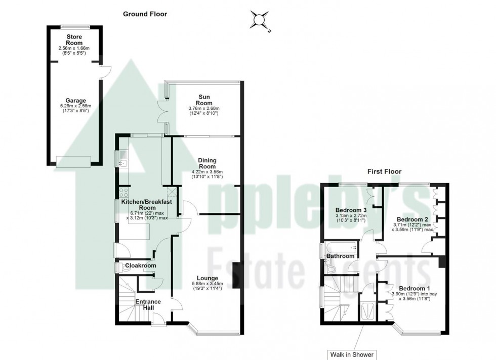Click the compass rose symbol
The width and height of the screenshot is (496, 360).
coord(261,21)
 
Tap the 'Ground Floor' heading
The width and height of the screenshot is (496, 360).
coord(145,14)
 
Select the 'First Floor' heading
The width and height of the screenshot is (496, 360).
coord(384,171)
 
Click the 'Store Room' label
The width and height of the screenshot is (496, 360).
coord(74,39)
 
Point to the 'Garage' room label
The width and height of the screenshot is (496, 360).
coord(74,101)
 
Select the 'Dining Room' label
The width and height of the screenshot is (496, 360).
coord(208,163)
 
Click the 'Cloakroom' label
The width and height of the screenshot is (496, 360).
coord(141,265)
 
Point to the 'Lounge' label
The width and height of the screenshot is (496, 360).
coord(208,278)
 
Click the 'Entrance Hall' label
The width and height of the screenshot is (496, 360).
coord(148,305)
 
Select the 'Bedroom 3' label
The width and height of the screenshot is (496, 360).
coord(351,210)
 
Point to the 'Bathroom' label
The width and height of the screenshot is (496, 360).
coord(340,256)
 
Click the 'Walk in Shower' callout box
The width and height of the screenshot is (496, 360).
coord(362,353)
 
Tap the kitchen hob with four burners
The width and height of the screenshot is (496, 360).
coord(123,192)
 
